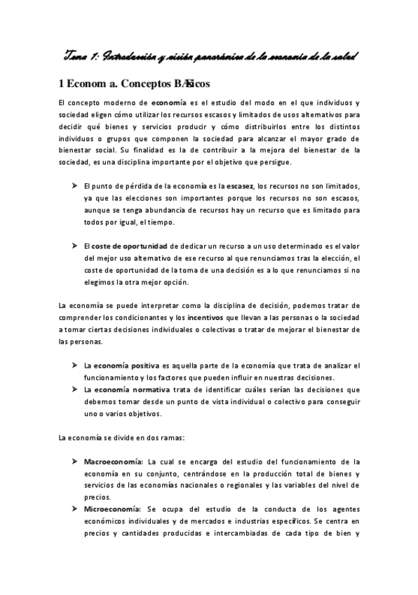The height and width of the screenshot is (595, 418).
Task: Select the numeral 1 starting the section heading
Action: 62,83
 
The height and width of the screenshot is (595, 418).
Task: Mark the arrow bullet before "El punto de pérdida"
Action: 74,185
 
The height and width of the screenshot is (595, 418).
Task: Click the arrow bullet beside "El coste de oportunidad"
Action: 74,246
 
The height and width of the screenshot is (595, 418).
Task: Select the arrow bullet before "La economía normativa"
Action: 74,389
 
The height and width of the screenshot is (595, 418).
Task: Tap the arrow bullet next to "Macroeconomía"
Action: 74,462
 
